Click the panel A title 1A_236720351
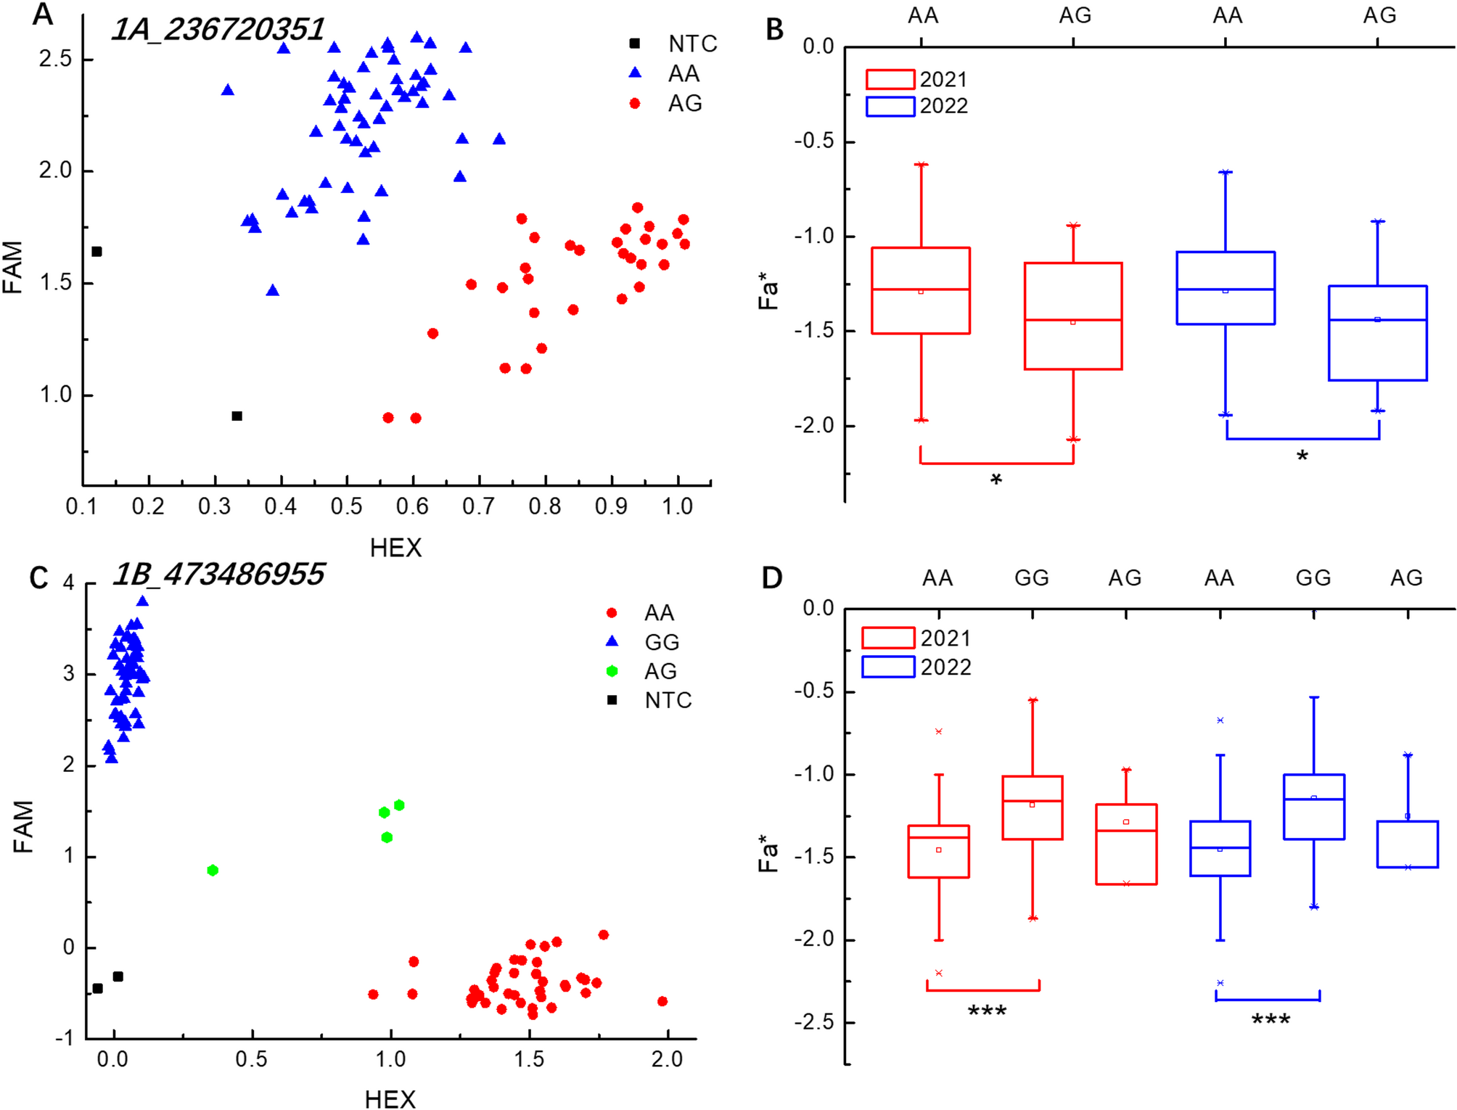(218, 29)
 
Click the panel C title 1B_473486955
(218, 575)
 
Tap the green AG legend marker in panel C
(612, 671)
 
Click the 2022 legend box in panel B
(890, 106)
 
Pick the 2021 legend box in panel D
(887, 638)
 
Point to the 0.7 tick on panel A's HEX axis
(478, 506)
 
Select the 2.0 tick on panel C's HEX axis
(667, 1059)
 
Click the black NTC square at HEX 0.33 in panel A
(237, 416)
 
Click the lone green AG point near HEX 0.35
(213, 870)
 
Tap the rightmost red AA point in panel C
(662, 1001)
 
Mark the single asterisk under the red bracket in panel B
(996, 480)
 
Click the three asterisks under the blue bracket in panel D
(1271, 1020)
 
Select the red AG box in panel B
(1073, 316)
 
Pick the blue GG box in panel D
(1313, 807)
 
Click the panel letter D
(771, 578)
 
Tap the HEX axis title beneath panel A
(395, 548)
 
